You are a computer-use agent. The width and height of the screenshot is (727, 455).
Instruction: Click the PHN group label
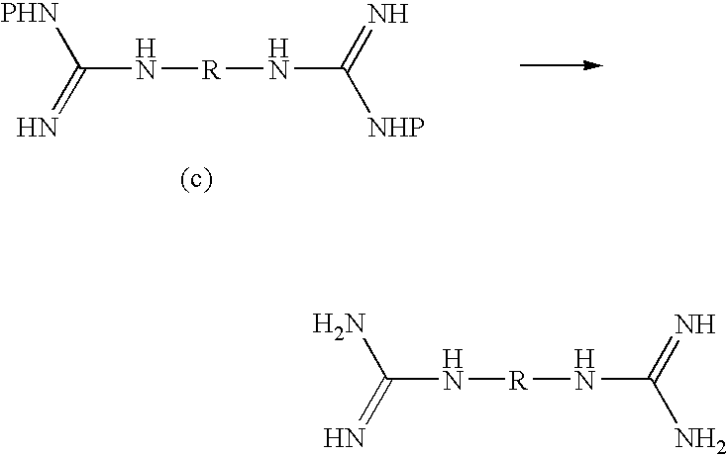pos(29,14)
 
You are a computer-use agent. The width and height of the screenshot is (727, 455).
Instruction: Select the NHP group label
pos(395,128)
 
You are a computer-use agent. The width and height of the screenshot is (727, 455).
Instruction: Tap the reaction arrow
pos(561,65)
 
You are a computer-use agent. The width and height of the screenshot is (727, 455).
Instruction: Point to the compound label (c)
pos(196,180)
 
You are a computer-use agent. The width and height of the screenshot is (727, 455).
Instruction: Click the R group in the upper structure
pos(211,71)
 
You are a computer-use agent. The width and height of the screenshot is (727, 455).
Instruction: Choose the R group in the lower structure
pos(519,381)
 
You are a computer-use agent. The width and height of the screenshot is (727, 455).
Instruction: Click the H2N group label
pos(339,323)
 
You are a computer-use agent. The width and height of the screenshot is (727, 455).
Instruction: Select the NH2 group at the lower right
pos(699,439)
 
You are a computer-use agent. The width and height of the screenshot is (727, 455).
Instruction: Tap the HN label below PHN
pos(37,128)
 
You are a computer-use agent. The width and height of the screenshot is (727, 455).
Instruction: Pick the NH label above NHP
pos(388,14)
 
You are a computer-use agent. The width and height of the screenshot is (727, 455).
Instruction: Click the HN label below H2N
pos(344,438)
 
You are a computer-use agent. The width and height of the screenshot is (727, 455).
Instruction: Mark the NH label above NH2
pos(695,324)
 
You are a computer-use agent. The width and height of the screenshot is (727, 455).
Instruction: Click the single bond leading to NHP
pos(357,90)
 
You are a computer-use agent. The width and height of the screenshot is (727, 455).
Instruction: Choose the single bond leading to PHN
pos(68,47)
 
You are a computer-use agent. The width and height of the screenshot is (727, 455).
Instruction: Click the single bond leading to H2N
pos(376,358)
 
